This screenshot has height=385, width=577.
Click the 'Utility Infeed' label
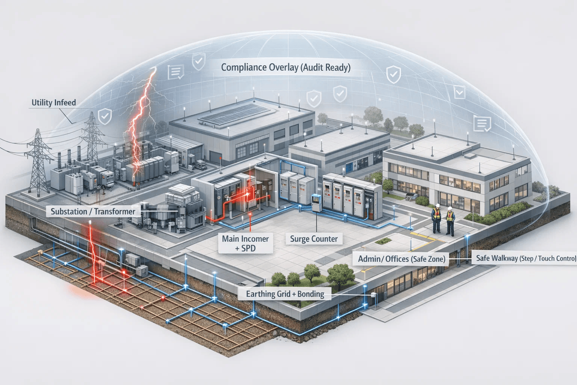(x=54, y=103)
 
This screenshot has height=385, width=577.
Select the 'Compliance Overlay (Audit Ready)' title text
(x=285, y=67)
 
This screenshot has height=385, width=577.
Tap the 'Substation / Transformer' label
(x=93, y=211)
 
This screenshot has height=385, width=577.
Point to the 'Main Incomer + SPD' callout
(x=245, y=243)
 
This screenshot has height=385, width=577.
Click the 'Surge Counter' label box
(x=314, y=239)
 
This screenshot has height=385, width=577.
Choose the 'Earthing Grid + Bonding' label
(x=285, y=294)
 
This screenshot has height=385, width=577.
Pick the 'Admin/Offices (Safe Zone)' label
(x=401, y=259)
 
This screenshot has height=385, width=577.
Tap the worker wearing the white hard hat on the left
(x=437, y=218)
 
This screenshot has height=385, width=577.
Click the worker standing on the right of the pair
(x=450, y=220)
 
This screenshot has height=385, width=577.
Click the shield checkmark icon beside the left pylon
(x=104, y=116)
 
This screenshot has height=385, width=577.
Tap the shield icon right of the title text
(x=393, y=74)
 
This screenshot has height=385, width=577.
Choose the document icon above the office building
(x=482, y=124)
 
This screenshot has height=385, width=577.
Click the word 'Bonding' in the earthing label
(x=311, y=294)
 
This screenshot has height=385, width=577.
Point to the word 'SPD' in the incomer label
(x=248, y=249)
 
